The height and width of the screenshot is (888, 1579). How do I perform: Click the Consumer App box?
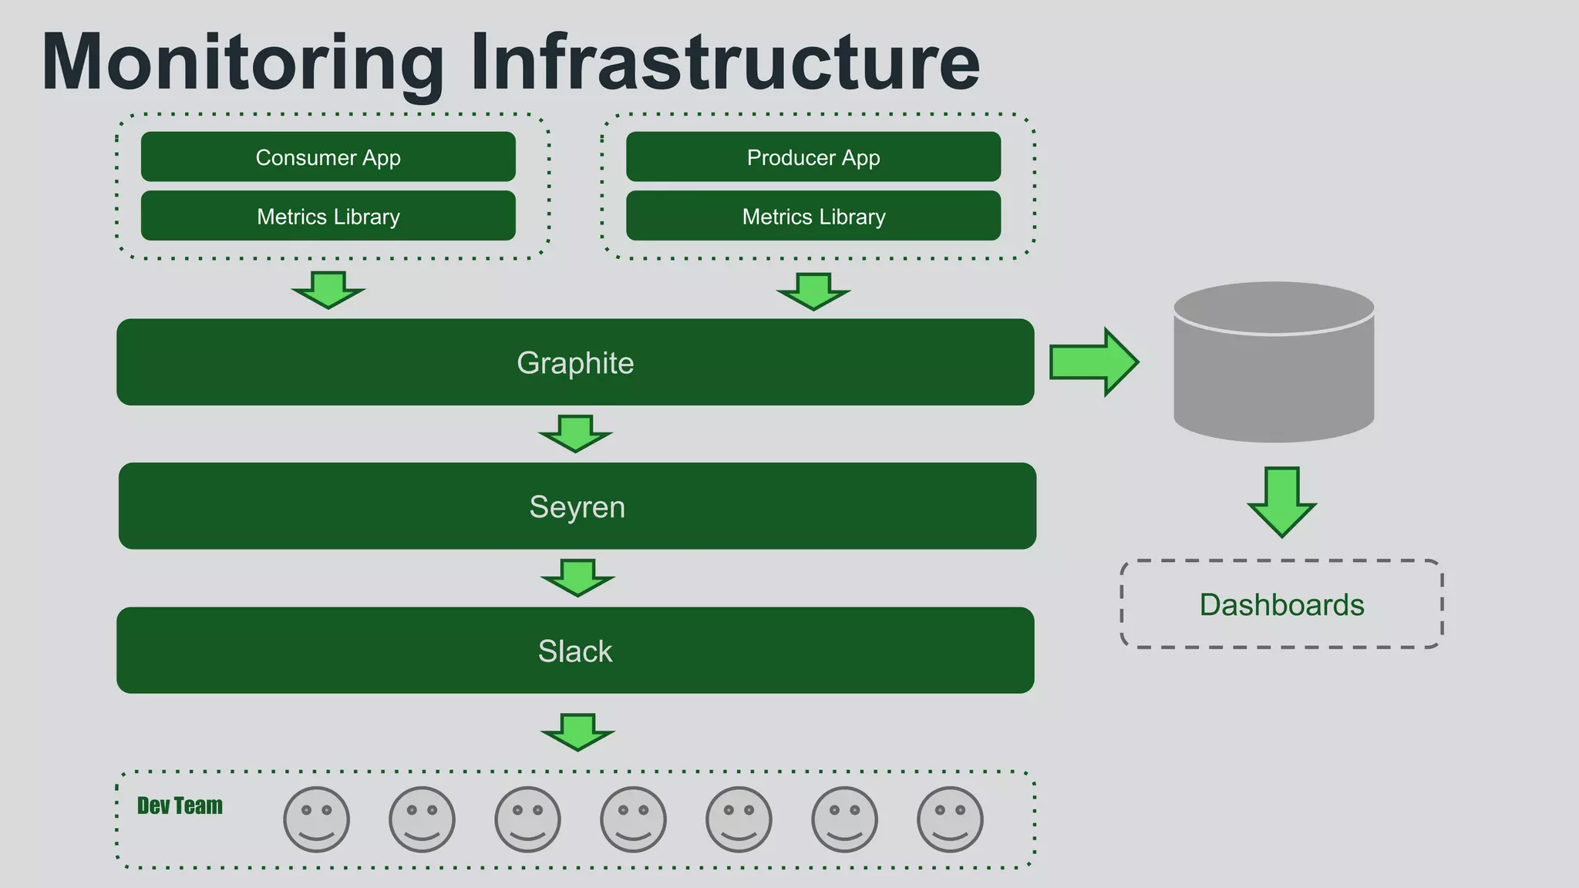[328, 157]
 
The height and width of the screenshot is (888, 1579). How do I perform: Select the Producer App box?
[813, 157]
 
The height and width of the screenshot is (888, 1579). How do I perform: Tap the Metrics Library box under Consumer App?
[328, 217]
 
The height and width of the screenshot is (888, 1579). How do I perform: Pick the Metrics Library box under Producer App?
[813, 217]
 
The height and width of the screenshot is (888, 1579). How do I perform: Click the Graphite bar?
[575, 362]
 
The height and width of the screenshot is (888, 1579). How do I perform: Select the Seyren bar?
[577, 506]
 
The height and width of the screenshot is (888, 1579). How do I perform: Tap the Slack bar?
[575, 651]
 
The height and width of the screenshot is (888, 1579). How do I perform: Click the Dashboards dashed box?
[1281, 604]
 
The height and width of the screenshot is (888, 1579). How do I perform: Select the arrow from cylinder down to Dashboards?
[1281, 501]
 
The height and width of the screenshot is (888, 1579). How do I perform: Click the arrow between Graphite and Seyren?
[575, 432]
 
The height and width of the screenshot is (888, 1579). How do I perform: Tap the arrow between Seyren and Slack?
[577, 577]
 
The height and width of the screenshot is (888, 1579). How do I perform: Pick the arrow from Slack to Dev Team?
[577, 731]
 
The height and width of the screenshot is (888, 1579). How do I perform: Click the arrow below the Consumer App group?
[328, 289]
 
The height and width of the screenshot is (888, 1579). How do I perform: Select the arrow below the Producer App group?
[813, 291]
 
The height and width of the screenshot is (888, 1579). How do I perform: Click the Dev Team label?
[180, 806]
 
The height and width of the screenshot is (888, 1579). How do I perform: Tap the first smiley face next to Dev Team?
[316, 819]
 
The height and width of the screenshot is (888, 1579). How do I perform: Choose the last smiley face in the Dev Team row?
[950, 819]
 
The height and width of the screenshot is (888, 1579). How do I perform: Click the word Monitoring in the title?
[243, 63]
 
